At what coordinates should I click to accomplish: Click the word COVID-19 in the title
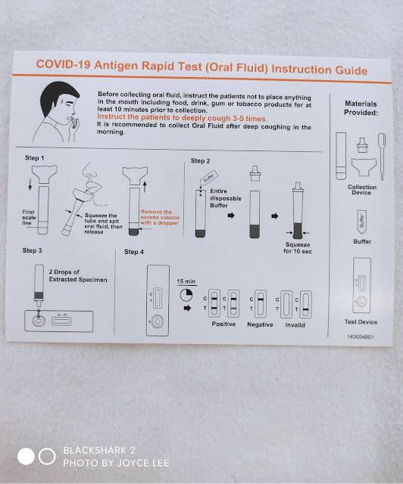point(63,64)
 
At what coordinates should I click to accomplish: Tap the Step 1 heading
point(34,158)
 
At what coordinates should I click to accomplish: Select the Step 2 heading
point(201,161)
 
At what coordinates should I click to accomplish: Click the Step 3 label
point(32,250)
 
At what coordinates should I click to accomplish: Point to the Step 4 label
point(134,252)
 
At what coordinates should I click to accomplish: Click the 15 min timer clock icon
point(186,295)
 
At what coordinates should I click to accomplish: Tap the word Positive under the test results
point(223,324)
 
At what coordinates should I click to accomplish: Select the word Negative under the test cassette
point(260,324)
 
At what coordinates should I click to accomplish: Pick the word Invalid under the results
point(295,325)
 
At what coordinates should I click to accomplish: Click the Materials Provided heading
point(361,108)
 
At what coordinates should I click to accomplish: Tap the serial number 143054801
point(361,337)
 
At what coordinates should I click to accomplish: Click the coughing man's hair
point(57,96)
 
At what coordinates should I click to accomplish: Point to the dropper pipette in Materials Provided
point(382,157)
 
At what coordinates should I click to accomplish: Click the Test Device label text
point(361,322)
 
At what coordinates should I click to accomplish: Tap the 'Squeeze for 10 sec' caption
point(298,248)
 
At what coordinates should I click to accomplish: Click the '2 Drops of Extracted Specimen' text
point(78,275)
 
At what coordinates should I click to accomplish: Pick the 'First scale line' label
point(29,217)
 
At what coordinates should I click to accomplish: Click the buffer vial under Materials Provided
point(362,222)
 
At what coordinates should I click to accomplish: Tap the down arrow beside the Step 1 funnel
point(30,185)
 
